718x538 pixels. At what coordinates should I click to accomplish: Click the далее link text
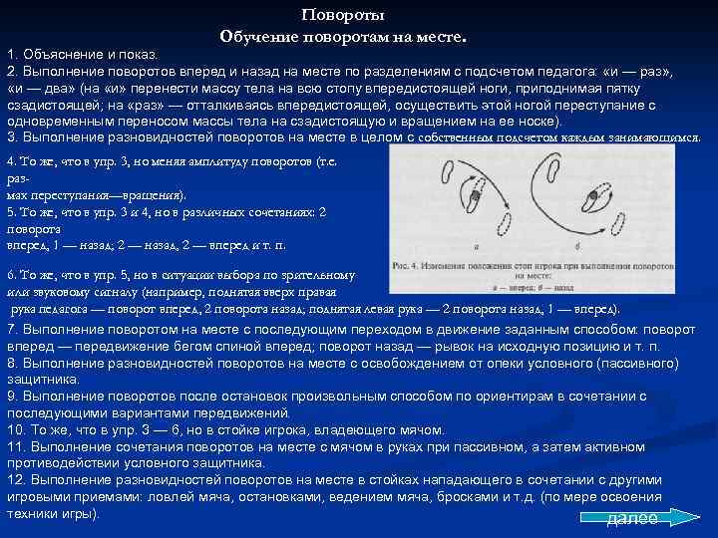(632, 518)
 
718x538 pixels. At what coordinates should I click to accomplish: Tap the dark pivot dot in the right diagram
(592, 199)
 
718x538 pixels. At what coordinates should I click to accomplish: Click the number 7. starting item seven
(13, 328)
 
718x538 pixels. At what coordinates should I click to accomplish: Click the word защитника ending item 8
(39, 379)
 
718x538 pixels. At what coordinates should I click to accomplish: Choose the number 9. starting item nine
(13, 396)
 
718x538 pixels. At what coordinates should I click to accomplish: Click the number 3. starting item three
(13, 136)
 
